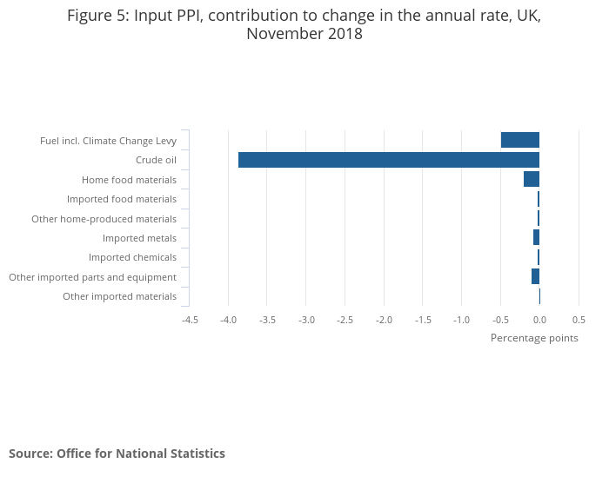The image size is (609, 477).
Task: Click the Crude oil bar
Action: (x=388, y=160)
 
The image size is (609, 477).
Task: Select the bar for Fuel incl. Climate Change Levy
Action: (x=519, y=140)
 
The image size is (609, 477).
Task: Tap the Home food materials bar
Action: (x=531, y=179)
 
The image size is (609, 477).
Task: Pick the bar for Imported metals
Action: (x=536, y=237)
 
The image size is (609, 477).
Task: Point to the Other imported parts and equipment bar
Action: (x=535, y=276)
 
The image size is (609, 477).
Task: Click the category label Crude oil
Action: (x=156, y=160)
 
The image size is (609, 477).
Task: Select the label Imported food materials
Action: (x=122, y=199)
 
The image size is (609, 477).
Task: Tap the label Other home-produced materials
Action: (x=104, y=219)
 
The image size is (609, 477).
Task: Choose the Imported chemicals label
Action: (x=132, y=257)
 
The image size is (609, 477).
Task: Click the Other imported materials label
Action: (x=119, y=296)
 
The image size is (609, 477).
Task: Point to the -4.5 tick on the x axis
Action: (x=190, y=320)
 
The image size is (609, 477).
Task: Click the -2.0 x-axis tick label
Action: (x=384, y=320)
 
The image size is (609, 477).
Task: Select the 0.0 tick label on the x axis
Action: (x=539, y=320)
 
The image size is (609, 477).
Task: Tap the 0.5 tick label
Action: (x=579, y=320)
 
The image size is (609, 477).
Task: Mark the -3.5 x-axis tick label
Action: (x=267, y=320)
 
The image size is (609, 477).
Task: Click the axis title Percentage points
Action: (x=534, y=338)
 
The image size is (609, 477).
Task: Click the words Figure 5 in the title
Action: (x=97, y=16)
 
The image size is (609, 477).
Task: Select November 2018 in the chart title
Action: (x=304, y=35)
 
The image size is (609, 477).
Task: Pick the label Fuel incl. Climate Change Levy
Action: (x=108, y=141)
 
